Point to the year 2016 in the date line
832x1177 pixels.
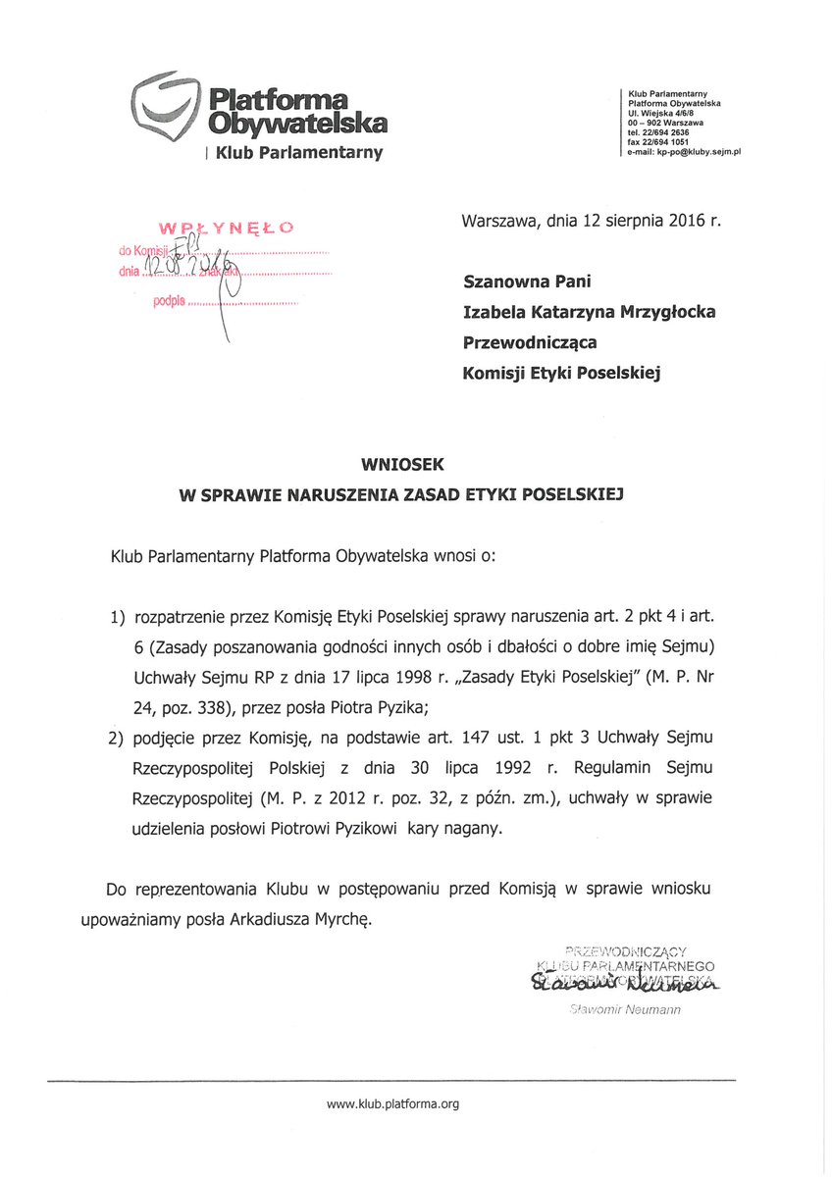[x=686, y=221]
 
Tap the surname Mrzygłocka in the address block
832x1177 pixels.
[x=665, y=312]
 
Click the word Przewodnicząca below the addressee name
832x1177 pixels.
[x=529, y=342]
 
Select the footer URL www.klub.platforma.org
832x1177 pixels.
[x=392, y=1104]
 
